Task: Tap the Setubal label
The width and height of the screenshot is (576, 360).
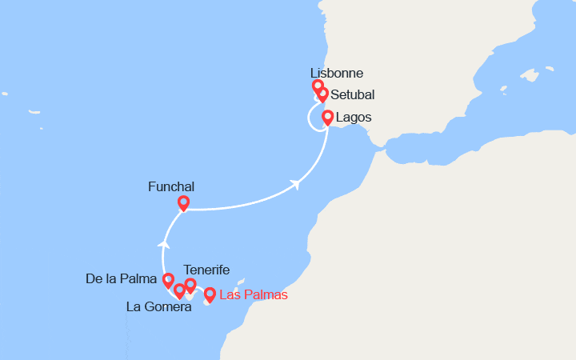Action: (353, 94)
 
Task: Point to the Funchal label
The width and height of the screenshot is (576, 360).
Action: (171, 187)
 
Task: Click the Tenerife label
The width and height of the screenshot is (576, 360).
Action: (206, 270)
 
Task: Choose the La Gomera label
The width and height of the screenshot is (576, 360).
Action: (158, 306)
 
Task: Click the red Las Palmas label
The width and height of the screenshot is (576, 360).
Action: (253, 294)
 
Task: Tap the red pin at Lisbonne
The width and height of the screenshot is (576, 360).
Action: (318, 86)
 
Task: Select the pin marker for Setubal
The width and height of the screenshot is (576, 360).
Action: (322, 94)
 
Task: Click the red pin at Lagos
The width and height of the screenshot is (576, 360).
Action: (327, 118)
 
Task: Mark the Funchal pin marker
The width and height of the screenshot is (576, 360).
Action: (183, 203)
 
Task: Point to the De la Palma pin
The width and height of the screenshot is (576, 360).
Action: (168, 280)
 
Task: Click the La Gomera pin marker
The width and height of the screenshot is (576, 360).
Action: (179, 291)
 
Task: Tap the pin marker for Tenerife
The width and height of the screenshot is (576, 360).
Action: (190, 285)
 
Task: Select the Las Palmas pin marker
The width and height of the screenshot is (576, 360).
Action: (210, 295)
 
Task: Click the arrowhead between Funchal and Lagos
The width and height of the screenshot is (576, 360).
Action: (297, 184)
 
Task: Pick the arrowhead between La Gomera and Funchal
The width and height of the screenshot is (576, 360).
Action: (163, 242)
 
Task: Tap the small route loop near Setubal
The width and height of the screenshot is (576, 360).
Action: (314, 118)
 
